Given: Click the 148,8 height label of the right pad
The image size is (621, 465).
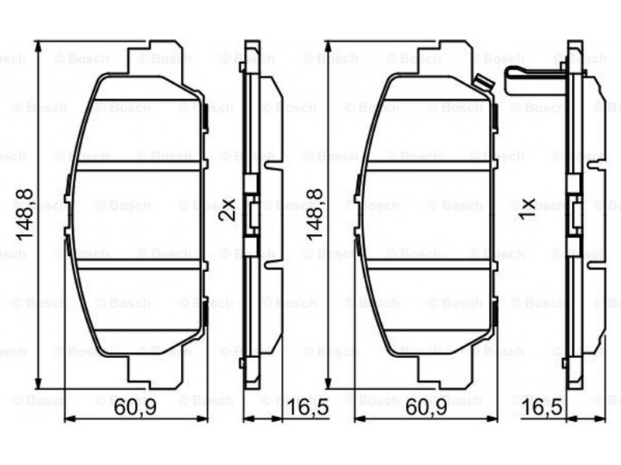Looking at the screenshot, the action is [315, 215].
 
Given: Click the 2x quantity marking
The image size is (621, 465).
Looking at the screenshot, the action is [227, 209].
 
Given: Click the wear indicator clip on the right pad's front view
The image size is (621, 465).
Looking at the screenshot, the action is [483, 84].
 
